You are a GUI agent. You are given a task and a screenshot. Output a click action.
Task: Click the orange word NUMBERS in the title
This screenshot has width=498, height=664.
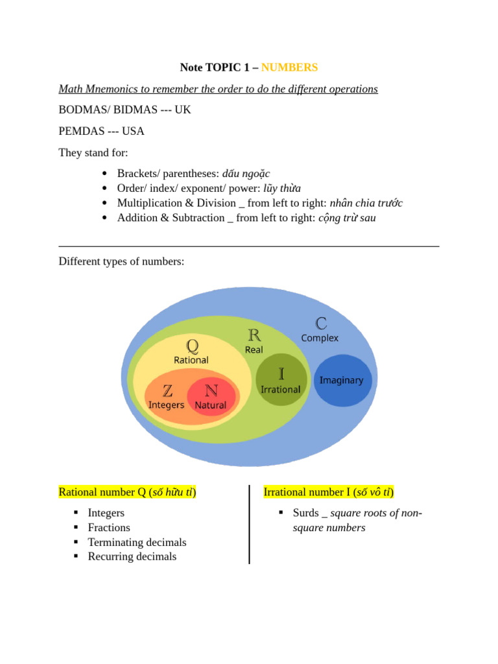click(x=289, y=67)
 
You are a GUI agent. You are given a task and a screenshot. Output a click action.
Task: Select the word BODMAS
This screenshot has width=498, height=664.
click(x=84, y=110)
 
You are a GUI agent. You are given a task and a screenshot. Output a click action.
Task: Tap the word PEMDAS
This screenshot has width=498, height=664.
click(x=81, y=131)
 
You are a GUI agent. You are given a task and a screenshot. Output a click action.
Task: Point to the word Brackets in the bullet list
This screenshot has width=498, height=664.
click(x=138, y=174)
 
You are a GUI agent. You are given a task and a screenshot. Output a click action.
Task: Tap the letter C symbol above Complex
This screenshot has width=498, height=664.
click(x=320, y=323)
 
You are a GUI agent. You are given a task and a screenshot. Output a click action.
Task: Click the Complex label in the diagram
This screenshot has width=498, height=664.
click(x=320, y=338)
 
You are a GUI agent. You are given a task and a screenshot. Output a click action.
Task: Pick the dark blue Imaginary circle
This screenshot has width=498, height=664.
click(x=342, y=381)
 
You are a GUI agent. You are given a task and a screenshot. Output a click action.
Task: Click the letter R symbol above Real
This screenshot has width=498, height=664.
click(x=254, y=335)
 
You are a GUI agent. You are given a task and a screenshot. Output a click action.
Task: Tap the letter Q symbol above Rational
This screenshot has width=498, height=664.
click(x=192, y=345)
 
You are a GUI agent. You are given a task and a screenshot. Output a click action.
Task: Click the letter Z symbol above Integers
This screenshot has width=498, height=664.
click(x=167, y=390)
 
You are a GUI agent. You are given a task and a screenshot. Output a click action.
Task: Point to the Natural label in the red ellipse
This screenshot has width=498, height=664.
click(x=211, y=405)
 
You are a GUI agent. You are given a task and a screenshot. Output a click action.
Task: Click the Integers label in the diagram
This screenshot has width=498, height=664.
click(x=167, y=405)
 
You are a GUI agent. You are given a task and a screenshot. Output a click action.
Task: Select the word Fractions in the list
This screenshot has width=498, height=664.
click(x=109, y=528)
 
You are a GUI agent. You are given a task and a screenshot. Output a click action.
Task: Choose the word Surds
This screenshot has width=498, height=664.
click(x=306, y=514)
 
